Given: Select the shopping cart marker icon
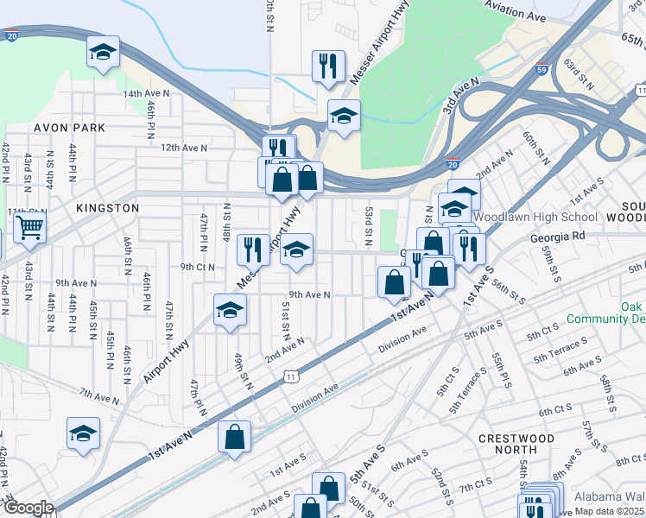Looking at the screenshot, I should pos(29,229).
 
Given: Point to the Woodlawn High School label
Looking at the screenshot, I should pos(535,217).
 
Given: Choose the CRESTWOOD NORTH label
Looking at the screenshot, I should pos(516,445).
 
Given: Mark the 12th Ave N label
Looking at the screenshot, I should pos(183,148).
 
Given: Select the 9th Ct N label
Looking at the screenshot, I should pos(197,267).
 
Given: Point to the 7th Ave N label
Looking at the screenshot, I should pos(98,397).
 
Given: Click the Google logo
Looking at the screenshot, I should pos(28,509).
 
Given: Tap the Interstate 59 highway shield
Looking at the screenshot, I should pos(541,69).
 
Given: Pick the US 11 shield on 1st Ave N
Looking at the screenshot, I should pos(292,376).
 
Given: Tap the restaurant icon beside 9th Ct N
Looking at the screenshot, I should pos(253,250).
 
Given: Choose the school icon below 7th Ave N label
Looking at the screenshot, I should pos(84,433).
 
